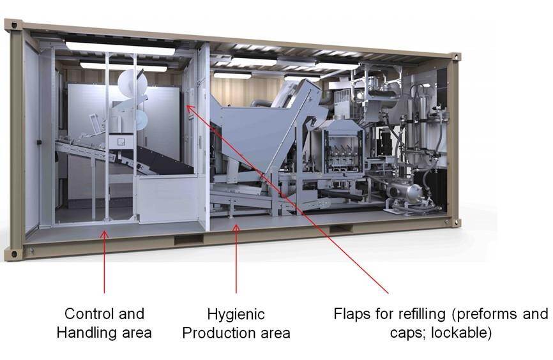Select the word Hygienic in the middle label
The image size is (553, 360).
point(236,314)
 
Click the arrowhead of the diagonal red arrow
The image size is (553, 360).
point(189,107)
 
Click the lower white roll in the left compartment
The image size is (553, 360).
point(137,119)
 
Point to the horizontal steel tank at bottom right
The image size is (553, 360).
point(409,192)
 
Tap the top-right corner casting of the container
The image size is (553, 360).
point(456,57)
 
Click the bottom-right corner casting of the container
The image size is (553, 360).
point(455,222)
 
